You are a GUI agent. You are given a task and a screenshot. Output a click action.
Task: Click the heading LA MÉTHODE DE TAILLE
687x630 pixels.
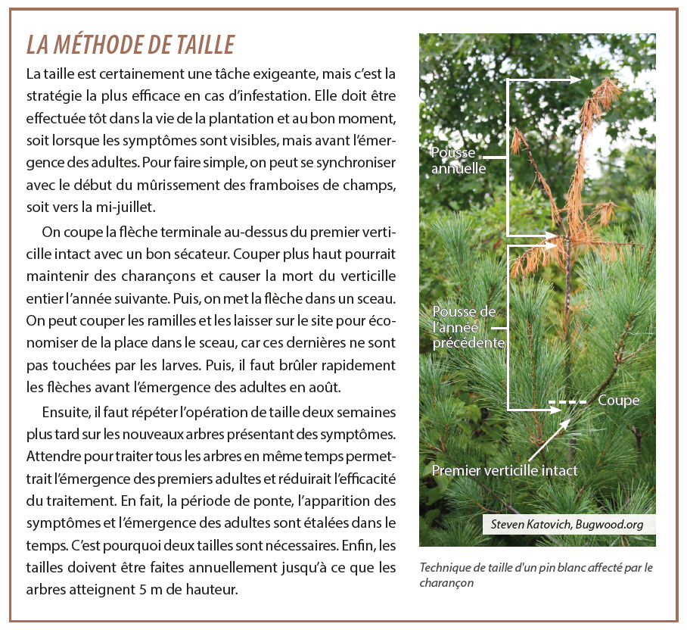coord(130,45)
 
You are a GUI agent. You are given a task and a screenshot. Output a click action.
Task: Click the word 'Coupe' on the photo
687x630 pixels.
coord(618,401)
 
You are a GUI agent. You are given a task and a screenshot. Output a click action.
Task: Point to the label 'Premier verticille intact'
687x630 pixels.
coord(504,470)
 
